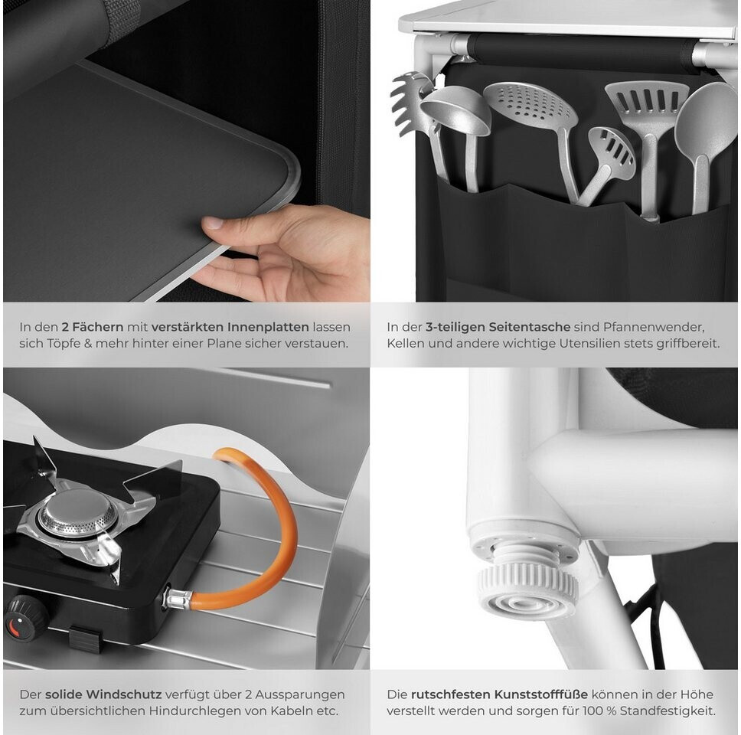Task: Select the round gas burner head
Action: pos(77,516)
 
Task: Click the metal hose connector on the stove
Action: pos(178,599)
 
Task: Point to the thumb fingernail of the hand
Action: pos(213,223)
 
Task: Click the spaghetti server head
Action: pos(410,102)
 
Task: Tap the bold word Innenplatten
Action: pos(269,327)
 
